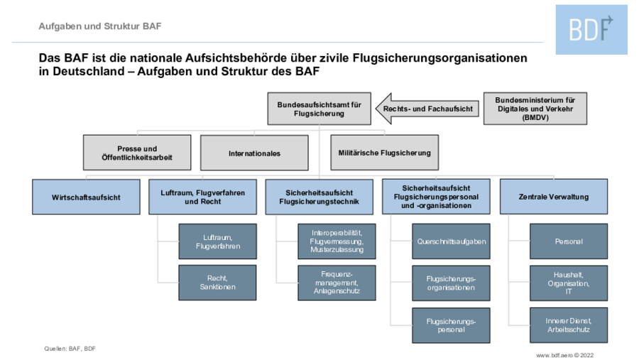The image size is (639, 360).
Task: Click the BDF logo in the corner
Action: point(591,29)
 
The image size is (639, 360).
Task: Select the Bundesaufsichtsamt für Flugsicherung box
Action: point(319,109)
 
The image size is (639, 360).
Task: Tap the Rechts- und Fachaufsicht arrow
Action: point(427,109)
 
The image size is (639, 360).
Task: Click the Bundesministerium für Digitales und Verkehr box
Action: point(535,109)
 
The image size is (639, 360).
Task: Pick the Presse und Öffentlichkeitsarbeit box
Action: point(137,153)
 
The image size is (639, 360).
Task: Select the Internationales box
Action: point(254,153)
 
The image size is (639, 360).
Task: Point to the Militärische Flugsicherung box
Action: point(384,153)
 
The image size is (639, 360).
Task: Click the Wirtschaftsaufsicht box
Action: point(86,197)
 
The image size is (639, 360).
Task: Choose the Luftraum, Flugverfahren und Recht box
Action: point(202,197)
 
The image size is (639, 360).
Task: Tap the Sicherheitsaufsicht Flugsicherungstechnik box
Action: point(319,197)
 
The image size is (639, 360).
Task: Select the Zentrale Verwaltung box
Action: point(553,197)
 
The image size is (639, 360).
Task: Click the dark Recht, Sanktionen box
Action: point(218,283)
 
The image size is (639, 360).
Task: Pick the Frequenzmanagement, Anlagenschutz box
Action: point(337,283)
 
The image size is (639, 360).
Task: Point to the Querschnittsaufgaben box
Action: point(451,241)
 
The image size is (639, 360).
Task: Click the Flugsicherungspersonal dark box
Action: point(451,325)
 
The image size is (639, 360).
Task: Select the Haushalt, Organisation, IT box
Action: point(569,283)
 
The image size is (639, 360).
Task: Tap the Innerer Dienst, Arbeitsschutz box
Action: point(569,325)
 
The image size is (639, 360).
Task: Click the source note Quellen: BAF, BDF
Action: point(70,349)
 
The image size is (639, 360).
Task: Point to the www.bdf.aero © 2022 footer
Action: point(564,355)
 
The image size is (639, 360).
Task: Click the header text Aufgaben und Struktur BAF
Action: point(100,26)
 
